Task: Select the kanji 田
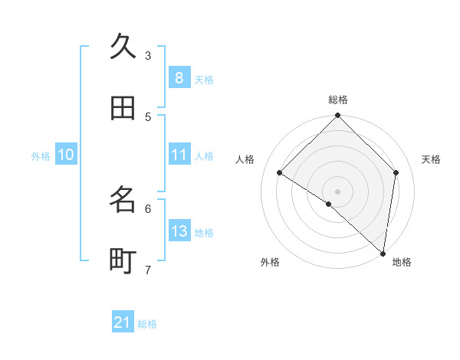(x=123, y=108)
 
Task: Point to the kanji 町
(x=123, y=261)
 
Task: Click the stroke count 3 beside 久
(x=148, y=55)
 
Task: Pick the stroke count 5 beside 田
(x=148, y=116)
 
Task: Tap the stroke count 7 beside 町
(x=148, y=270)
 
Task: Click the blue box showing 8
(x=179, y=77)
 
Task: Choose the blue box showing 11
(x=179, y=155)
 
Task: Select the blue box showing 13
(x=179, y=231)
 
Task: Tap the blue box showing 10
(x=66, y=155)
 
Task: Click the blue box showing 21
(x=123, y=322)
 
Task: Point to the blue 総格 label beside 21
(x=148, y=324)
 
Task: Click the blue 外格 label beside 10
(x=41, y=156)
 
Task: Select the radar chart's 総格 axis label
(x=338, y=100)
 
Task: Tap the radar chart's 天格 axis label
(x=432, y=159)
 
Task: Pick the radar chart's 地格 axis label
(x=402, y=262)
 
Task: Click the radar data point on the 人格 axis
(x=280, y=172)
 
